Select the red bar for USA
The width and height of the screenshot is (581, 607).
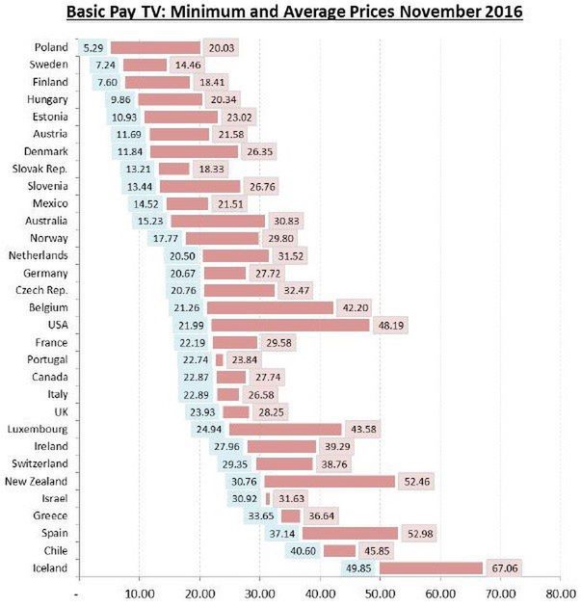(x=290, y=325)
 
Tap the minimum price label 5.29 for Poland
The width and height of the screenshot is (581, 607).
(x=93, y=47)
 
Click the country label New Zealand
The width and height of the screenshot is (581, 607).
(x=36, y=482)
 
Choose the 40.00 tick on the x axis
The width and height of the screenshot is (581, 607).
(x=320, y=594)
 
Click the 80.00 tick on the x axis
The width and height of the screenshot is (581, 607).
(x=560, y=594)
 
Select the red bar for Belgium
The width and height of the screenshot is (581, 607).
(x=270, y=307)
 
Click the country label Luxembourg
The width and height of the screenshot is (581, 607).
(x=38, y=429)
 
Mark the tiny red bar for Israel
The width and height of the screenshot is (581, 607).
(x=268, y=498)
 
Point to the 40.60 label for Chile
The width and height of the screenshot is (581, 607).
(x=303, y=551)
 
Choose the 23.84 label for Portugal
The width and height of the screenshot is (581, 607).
(x=242, y=359)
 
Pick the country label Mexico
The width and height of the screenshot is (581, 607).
(x=49, y=203)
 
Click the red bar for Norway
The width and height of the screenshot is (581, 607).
(x=222, y=238)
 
